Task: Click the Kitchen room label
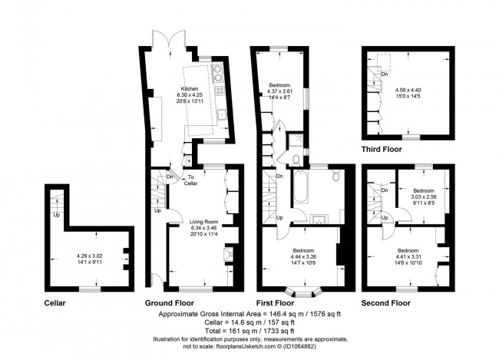(x=189, y=88)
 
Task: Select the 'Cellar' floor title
(x=55, y=303)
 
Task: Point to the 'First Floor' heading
(x=278, y=303)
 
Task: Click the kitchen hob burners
(x=218, y=74)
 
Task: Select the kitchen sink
(x=220, y=116)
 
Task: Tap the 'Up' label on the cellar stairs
(x=57, y=215)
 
